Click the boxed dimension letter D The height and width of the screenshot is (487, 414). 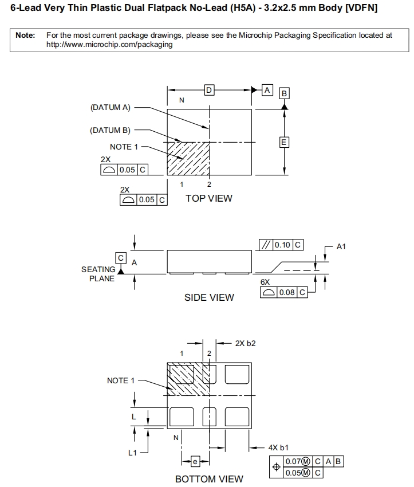click(x=210, y=90)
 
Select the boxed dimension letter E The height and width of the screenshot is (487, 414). click(x=284, y=142)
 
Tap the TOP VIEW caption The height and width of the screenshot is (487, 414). click(x=209, y=198)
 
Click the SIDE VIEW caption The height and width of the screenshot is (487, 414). click(x=209, y=297)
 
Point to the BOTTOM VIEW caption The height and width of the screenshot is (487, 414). click(x=209, y=479)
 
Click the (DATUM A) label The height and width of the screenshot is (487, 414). click(x=111, y=107)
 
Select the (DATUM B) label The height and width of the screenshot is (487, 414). click(x=111, y=130)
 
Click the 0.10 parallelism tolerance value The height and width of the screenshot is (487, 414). click(x=282, y=245)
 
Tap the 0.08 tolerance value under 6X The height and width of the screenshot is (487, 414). click(x=287, y=292)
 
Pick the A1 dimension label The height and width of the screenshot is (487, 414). click(x=341, y=246)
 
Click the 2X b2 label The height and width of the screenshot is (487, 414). click(x=245, y=344)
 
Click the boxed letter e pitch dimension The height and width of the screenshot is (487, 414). click(x=195, y=461)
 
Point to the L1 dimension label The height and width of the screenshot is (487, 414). click(x=132, y=453)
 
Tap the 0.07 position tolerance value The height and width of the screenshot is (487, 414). click(x=293, y=462)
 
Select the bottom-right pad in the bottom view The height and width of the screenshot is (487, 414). click(x=237, y=414)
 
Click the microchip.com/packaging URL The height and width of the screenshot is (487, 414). click(x=109, y=44)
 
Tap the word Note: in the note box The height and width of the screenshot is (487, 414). click(x=25, y=36)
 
